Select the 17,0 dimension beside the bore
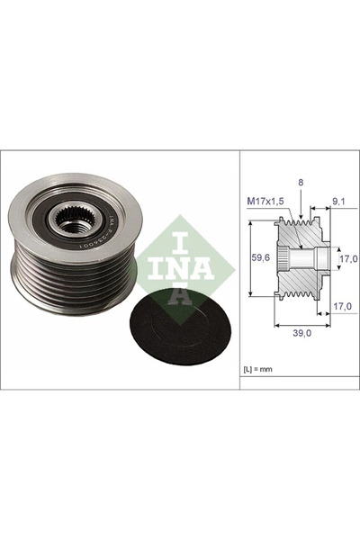[346, 259]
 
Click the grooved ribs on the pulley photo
[54, 270]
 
